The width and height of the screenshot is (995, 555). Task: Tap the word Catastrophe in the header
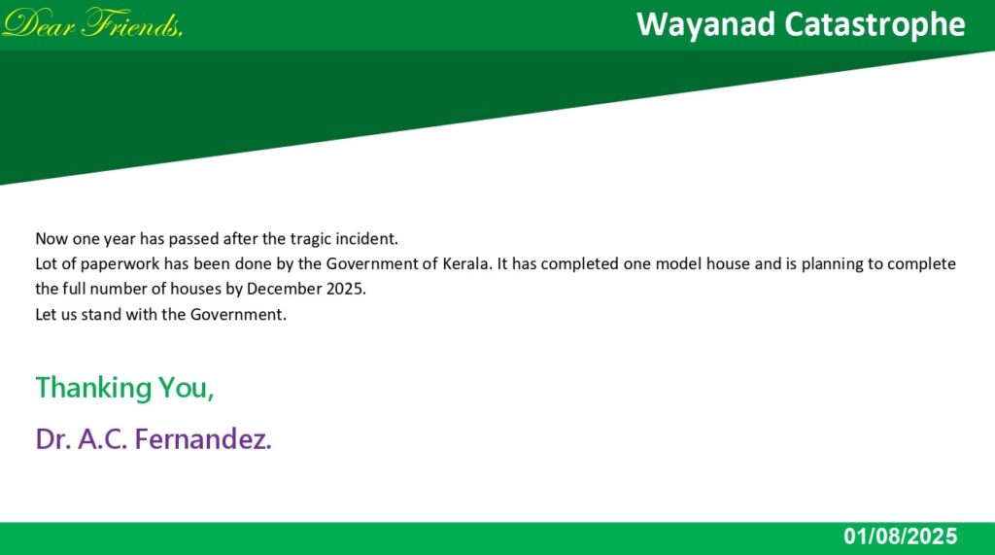[875, 24]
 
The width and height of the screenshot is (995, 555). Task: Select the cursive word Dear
[39, 23]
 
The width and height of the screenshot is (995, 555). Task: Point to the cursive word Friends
[132, 23]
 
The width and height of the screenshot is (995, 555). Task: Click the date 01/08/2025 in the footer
[900, 537]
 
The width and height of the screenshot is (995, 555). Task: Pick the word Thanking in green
[93, 388]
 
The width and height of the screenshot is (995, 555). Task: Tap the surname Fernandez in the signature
[202, 438]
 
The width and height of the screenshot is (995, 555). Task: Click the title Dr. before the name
[52, 438]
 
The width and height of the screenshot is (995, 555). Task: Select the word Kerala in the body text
[466, 263]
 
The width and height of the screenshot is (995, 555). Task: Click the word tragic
[311, 239]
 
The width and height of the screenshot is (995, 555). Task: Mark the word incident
[366, 239]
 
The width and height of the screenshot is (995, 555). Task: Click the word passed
[193, 239]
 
